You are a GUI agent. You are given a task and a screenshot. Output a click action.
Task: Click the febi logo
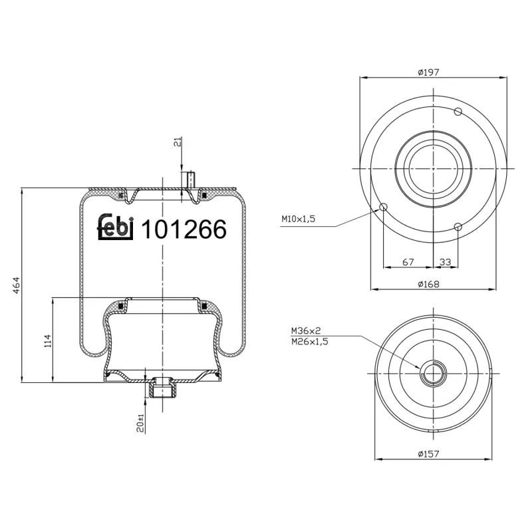pos(116,228)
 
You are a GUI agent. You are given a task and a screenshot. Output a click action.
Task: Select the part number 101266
pos(185,229)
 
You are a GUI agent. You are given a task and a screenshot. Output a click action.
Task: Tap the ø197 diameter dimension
pos(430,72)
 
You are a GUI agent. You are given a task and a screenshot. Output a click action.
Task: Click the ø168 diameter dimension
pos(430,283)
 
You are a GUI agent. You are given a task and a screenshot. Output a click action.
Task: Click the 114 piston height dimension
pos(47,340)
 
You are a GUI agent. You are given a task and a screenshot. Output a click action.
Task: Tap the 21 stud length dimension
pos(177,143)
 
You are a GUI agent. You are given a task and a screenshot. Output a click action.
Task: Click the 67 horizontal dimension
pos(408,263)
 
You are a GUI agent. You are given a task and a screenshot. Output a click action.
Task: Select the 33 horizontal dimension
pos(446,263)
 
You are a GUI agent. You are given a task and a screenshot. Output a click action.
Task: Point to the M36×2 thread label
pos(306,331)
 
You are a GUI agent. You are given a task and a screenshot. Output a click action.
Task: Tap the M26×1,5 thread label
pos(310,340)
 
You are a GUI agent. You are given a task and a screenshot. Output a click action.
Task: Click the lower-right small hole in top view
pos(458,227)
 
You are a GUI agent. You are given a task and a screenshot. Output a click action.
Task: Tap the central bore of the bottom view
pos(434,374)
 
